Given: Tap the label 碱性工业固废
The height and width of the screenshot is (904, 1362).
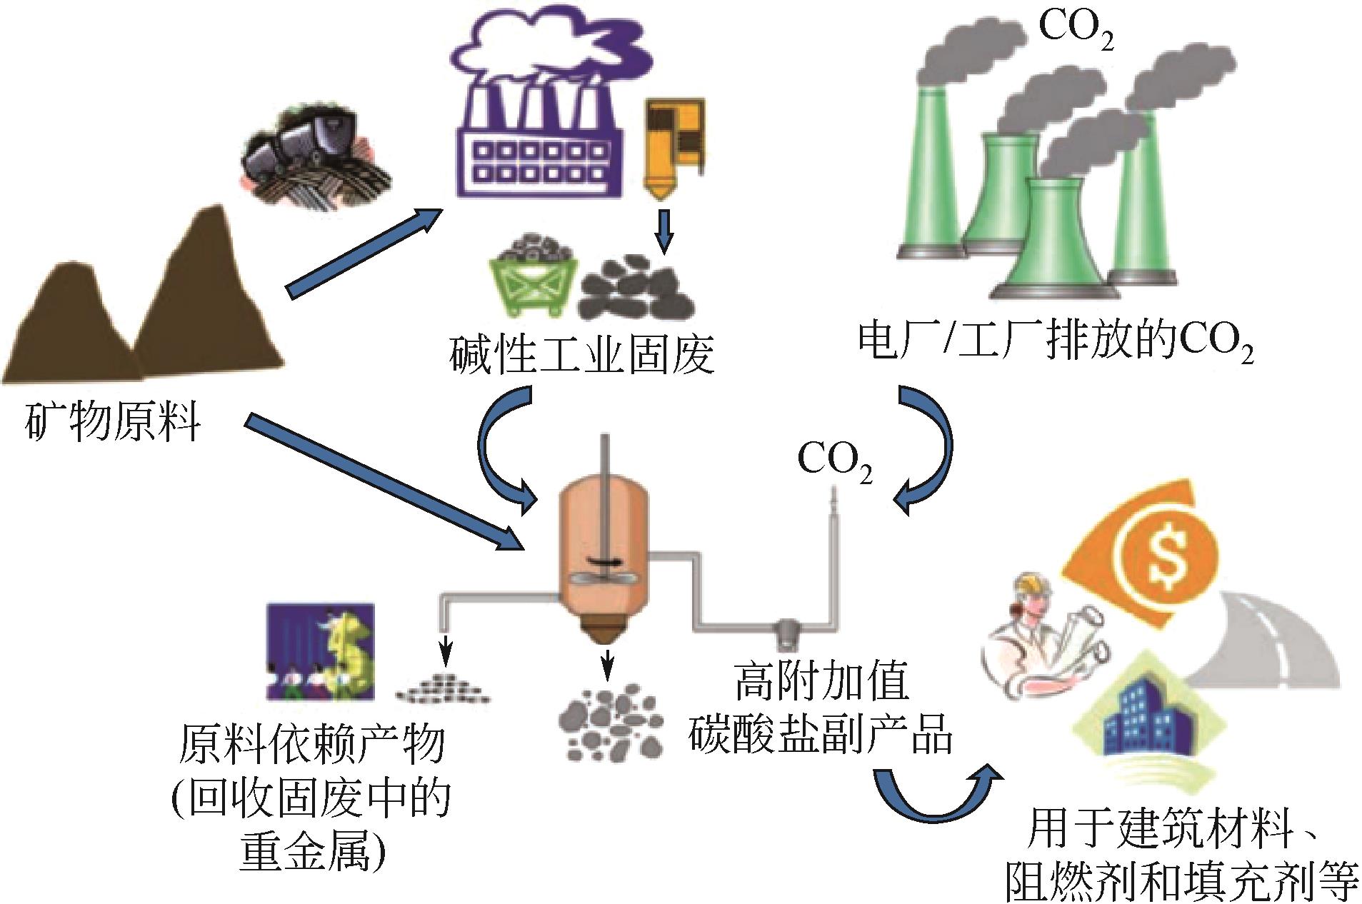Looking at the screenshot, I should click(582, 355).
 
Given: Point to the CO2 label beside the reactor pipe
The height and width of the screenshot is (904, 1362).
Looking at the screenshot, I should click(834, 461).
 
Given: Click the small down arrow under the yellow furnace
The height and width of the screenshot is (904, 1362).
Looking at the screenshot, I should click(665, 231).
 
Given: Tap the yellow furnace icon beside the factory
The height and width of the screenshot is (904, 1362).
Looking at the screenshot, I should click(675, 150).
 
